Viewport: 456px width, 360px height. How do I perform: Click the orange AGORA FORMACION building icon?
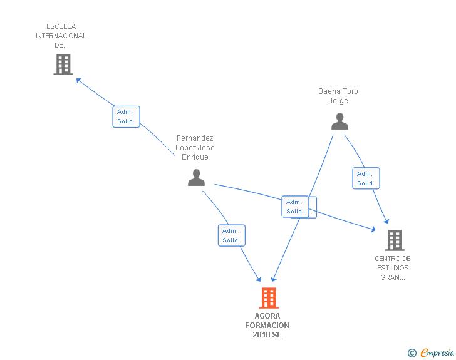269,298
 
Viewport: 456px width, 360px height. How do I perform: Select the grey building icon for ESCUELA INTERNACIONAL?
63,64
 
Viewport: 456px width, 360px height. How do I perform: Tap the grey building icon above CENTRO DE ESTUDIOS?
395,240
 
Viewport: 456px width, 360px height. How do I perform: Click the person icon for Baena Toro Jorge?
339,121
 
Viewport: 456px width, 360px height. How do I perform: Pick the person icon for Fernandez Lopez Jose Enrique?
196,177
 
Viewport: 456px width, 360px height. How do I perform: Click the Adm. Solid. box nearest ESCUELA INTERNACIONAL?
127,116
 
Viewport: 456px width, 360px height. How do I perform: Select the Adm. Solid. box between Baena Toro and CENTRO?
366,178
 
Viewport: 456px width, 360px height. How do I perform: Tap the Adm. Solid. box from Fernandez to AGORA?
232,235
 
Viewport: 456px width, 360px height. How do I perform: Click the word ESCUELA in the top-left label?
61,26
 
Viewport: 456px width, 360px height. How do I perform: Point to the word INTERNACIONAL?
61,36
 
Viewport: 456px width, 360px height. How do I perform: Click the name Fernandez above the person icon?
195,138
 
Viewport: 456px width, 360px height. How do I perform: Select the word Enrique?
195,157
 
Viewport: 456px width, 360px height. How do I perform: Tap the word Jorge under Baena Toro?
338,101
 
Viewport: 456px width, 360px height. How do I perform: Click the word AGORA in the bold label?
267,316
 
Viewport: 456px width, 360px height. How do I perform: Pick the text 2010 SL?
267,335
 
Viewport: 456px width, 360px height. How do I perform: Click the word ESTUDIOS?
393,268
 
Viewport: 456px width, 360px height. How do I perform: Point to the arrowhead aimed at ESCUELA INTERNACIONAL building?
78,80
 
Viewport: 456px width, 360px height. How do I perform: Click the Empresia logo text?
437,352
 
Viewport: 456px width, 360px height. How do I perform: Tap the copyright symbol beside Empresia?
412,353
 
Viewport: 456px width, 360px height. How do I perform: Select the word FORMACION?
267,326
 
